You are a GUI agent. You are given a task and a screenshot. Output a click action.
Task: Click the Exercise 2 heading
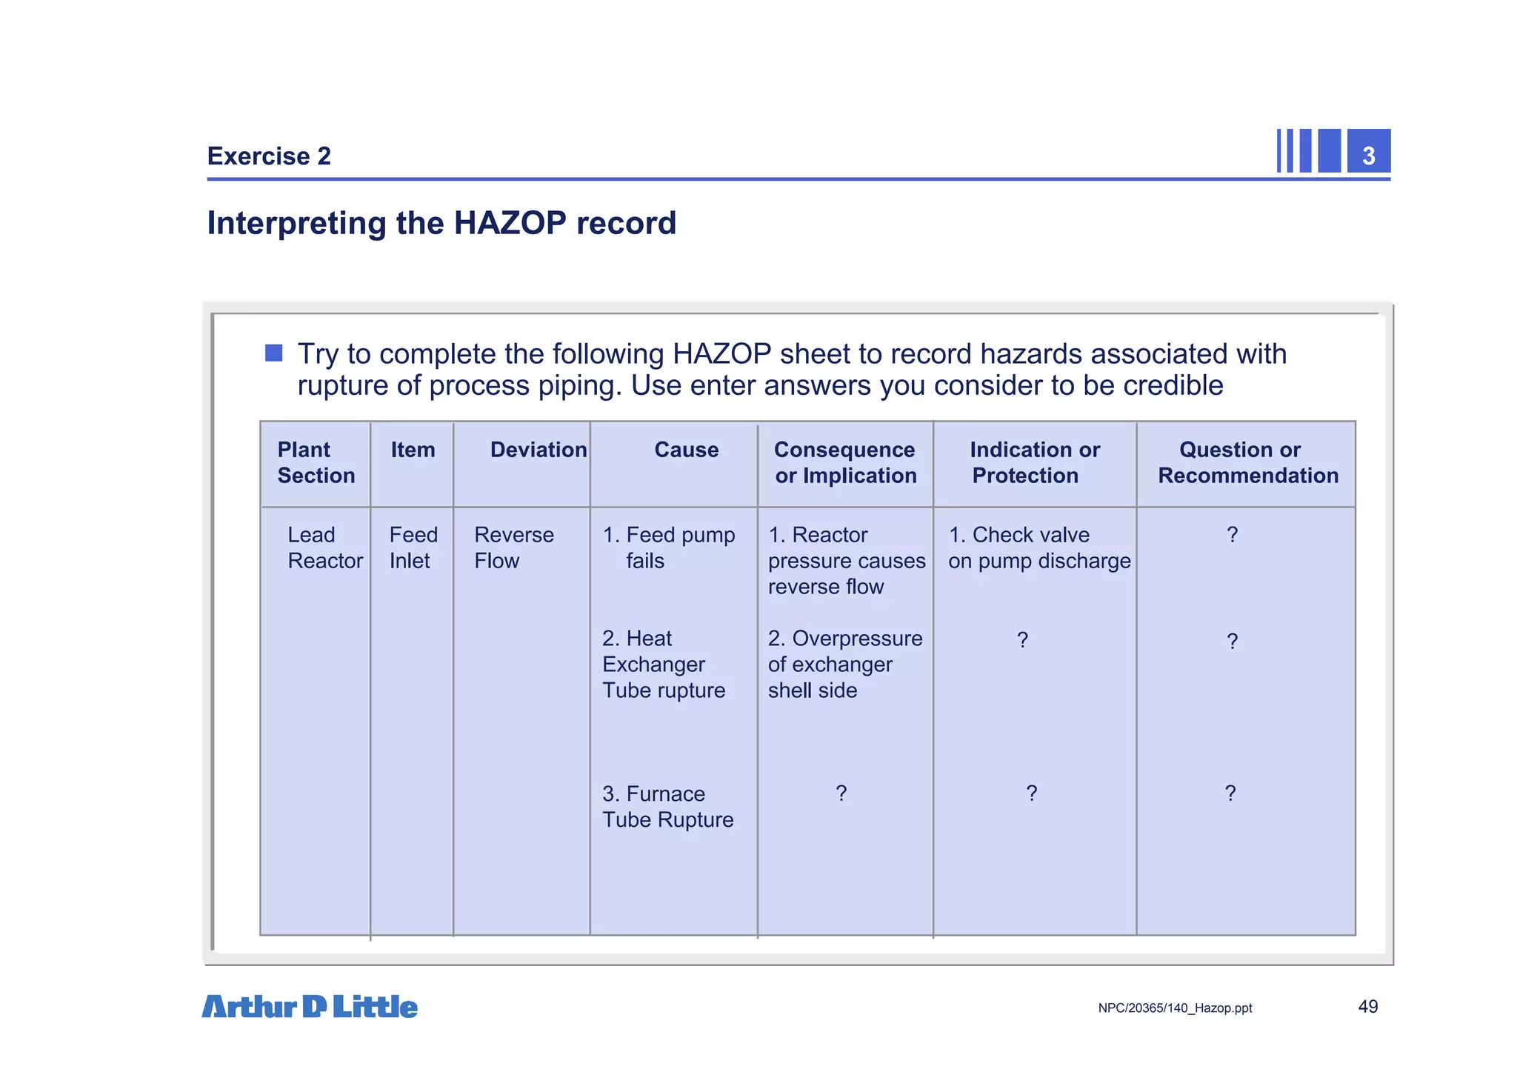point(269,156)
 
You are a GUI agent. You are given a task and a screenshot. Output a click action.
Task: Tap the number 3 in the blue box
point(1368,156)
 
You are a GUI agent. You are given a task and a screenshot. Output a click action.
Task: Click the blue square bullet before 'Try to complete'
point(274,353)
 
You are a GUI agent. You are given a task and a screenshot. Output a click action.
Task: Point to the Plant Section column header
point(316,462)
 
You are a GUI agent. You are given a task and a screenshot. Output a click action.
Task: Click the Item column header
point(413,450)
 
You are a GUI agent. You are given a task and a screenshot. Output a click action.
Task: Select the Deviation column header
point(538,450)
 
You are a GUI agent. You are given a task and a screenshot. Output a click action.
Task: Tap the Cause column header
point(686,450)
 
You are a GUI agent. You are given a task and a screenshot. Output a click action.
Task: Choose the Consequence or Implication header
point(845,462)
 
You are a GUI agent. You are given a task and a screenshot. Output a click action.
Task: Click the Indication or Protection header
point(1034,462)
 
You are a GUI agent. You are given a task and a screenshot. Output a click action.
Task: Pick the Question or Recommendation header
point(1247,462)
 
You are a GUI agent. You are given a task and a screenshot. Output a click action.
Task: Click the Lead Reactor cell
point(324,547)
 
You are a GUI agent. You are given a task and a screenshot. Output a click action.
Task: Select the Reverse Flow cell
point(513,547)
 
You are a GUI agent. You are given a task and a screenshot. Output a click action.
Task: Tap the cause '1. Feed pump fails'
point(669,547)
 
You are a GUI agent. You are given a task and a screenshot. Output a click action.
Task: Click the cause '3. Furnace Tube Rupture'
point(667,807)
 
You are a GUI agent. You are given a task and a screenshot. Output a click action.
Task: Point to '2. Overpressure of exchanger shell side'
point(844,664)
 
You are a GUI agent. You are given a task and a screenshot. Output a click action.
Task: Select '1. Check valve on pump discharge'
point(1038,547)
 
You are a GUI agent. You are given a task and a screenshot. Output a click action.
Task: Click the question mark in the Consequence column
point(841,793)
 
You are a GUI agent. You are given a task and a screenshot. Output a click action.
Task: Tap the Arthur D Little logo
point(310,1007)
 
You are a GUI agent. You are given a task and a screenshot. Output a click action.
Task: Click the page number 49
point(1367,1007)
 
